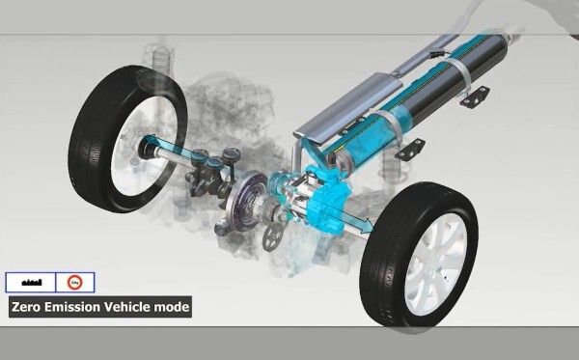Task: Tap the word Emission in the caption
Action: (77, 308)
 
